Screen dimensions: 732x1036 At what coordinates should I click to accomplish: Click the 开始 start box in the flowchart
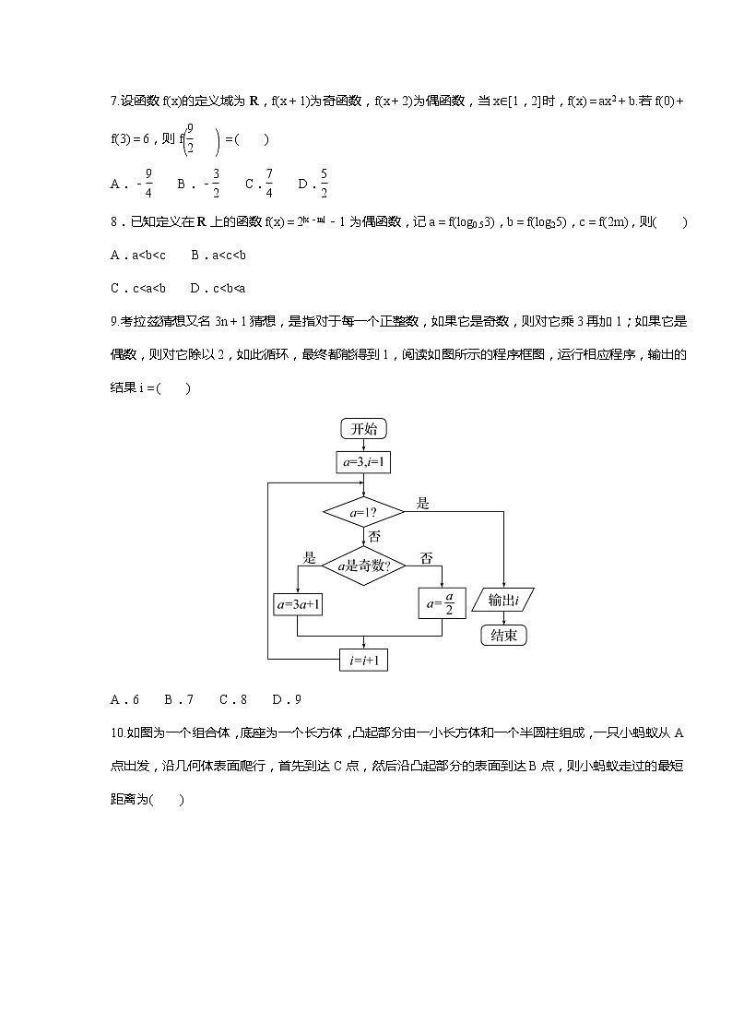tap(364, 429)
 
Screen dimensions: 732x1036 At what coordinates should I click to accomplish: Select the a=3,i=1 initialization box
tap(364, 461)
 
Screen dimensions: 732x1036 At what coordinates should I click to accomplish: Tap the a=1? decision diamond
tap(364, 510)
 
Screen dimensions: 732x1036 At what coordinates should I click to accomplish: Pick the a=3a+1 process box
tap(298, 604)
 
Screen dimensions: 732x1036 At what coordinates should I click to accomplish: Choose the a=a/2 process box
tap(442, 603)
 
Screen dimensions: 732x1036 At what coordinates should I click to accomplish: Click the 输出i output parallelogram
tap(503, 601)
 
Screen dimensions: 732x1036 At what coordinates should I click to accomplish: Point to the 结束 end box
tap(503, 636)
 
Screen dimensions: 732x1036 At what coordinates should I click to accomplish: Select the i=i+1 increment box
tap(364, 660)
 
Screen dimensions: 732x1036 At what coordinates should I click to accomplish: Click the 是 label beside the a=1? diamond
tap(423, 503)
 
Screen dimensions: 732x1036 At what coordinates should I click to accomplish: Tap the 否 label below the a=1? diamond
tap(374, 536)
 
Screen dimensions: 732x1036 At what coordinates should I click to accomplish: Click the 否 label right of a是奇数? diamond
tap(426, 557)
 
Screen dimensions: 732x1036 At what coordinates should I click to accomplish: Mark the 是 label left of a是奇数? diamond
tap(310, 557)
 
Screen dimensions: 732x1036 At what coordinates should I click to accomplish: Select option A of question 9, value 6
tap(124, 698)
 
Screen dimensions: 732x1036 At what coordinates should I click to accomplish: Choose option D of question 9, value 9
tap(287, 698)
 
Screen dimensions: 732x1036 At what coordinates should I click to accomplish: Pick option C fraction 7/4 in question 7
tap(259, 184)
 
